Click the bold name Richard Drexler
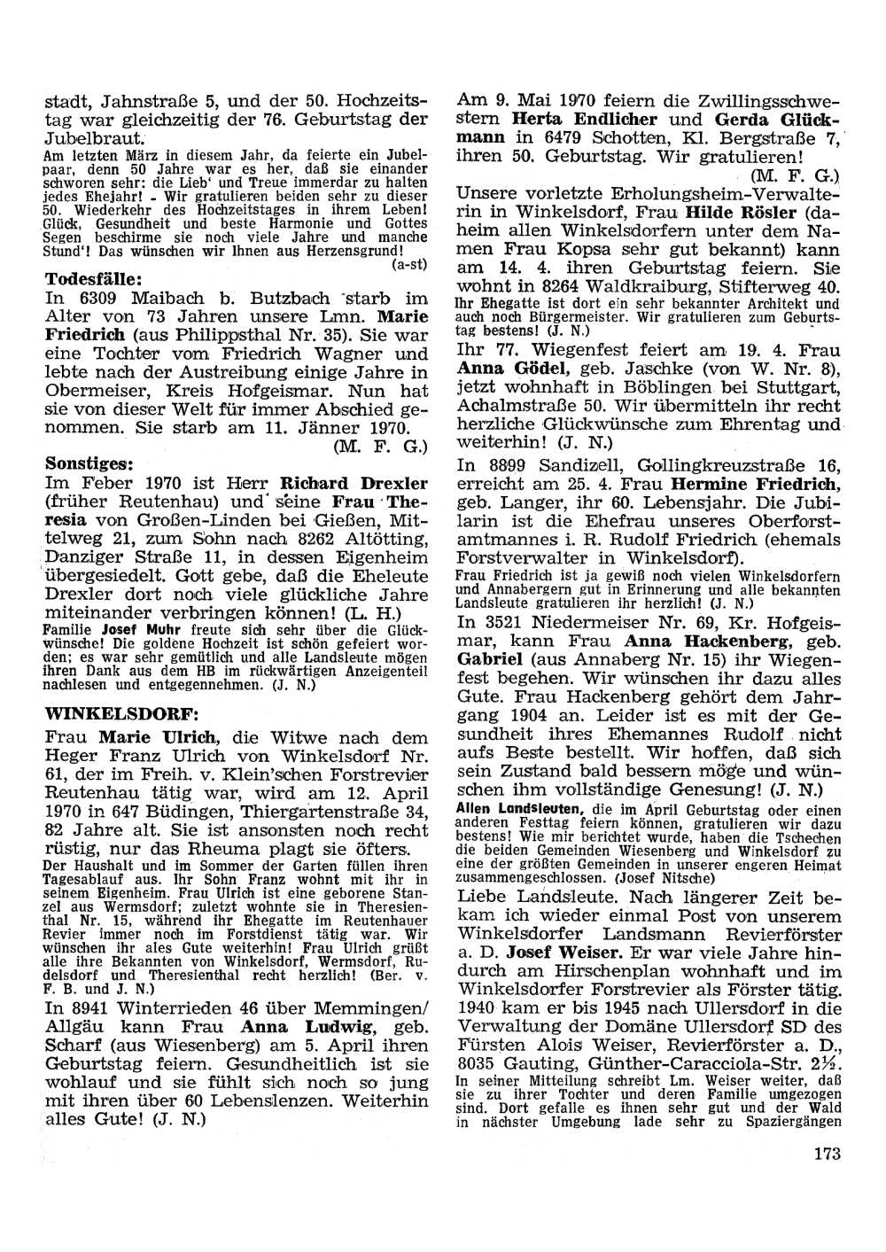(x=354, y=484)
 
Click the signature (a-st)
(x=410, y=264)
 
